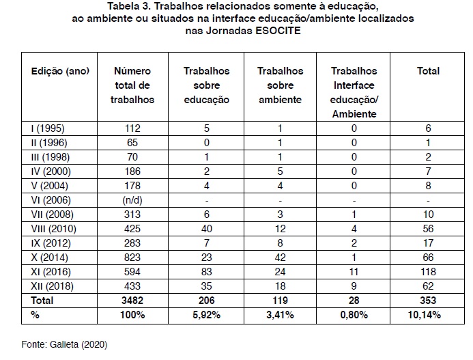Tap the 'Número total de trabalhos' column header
pos(132,85)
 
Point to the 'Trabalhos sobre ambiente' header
pos(279,85)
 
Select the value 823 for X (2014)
pos(132,257)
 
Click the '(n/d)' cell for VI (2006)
pos(132,199)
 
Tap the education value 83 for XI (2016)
pos(206,271)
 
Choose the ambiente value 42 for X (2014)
pos(279,257)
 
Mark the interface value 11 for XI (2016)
pos(354,271)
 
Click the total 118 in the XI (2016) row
pos(428,271)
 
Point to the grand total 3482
pos(132,300)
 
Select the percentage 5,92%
pos(206,314)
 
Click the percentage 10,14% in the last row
pos(428,314)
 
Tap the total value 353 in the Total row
pos(428,300)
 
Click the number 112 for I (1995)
pos(132,128)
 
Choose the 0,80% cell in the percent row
pos(354,314)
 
